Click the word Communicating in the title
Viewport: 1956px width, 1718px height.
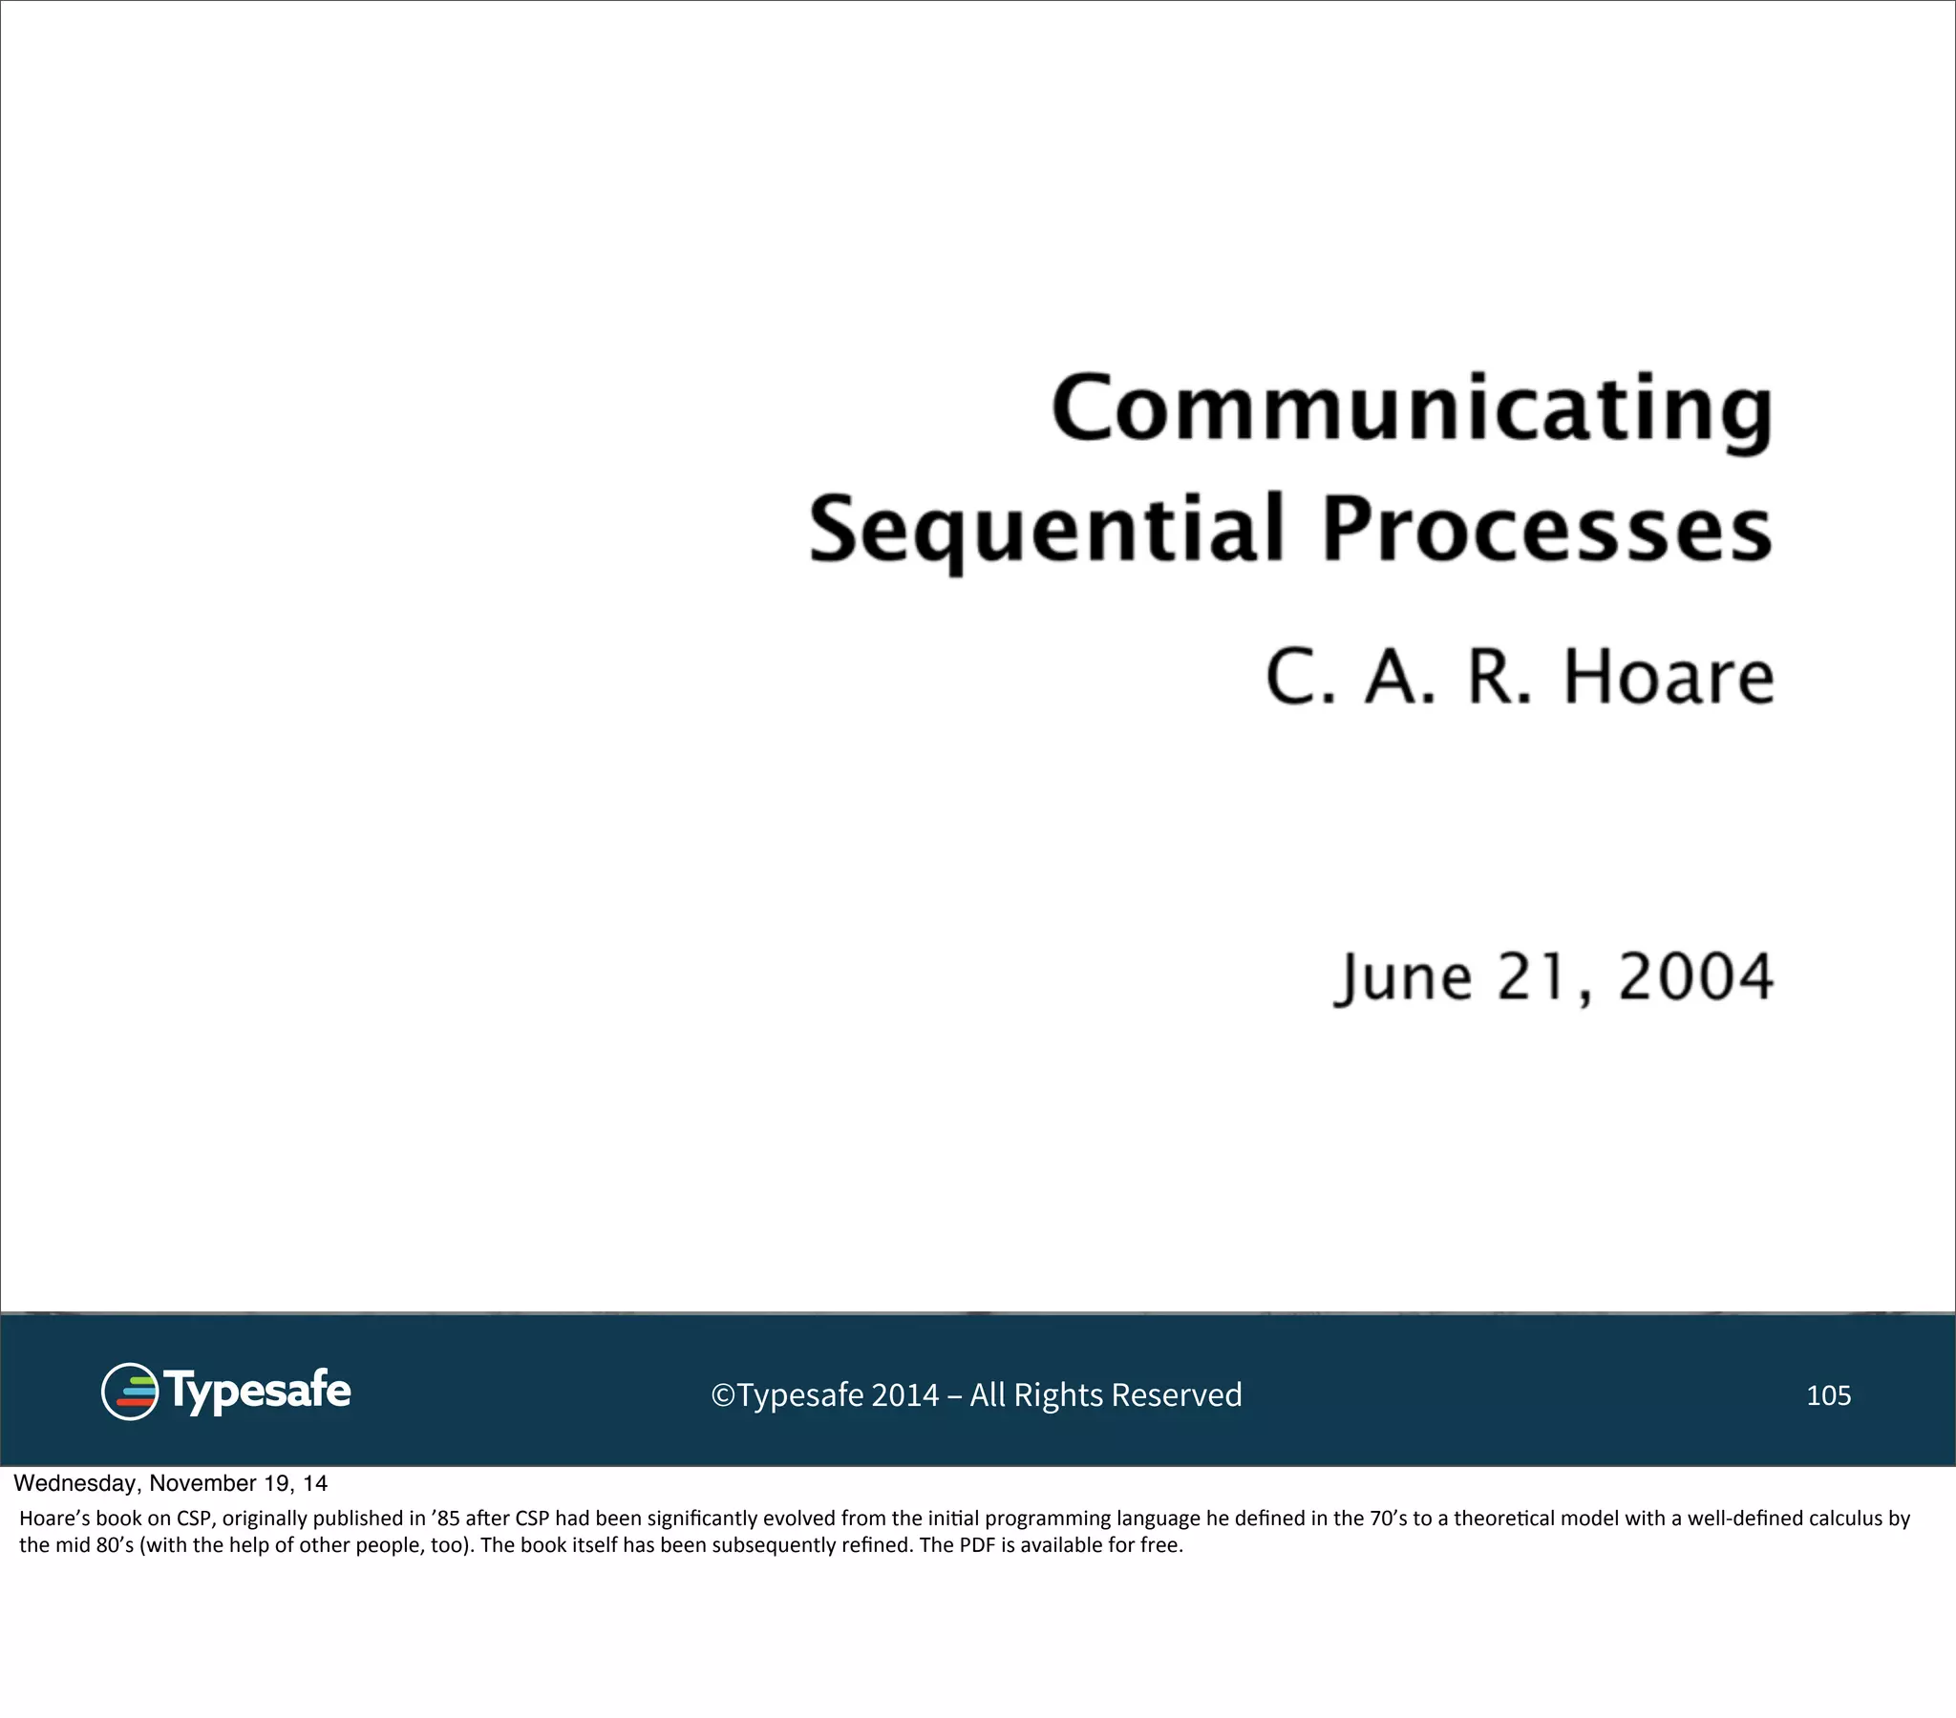(x=1413, y=409)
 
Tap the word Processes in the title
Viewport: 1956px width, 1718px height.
(x=1546, y=530)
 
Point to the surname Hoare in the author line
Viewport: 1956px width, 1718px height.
(x=1668, y=678)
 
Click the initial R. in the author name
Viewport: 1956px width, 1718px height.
(x=1499, y=678)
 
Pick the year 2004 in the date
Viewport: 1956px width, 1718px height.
(x=1694, y=977)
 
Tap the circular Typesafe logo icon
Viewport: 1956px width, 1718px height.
(x=129, y=1392)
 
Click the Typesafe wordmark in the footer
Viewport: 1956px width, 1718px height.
(x=257, y=1391)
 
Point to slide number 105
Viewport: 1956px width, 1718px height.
(x=1828, y=1395)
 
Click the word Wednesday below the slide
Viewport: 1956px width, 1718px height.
(x=74, y=1483)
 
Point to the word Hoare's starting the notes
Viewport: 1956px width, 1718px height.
(x=54, y=1519)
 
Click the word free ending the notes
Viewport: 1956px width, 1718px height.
(x=1159, y=1545)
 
